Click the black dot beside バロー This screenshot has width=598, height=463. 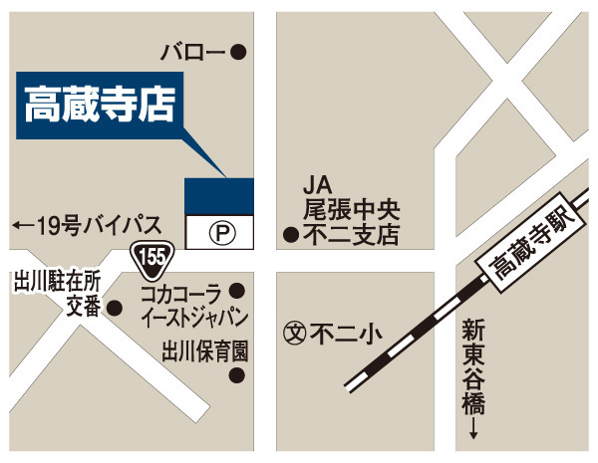[237, 53]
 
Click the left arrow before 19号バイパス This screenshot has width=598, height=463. [21, 227]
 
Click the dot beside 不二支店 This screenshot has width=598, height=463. [290, 236]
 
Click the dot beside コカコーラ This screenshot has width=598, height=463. [237, 291]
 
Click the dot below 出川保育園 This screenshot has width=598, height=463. [237, 375]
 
